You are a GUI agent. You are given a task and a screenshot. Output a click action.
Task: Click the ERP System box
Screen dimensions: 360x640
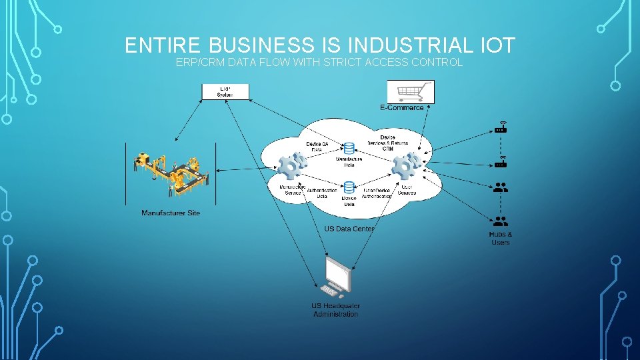(x=225, y=91)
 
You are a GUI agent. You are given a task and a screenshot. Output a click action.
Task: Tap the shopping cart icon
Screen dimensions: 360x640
(x=411, y=91)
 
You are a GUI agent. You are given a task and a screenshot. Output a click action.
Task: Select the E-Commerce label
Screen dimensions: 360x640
(x=401, y=108)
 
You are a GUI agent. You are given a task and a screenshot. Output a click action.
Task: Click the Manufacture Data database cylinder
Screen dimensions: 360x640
(x=349, y=148)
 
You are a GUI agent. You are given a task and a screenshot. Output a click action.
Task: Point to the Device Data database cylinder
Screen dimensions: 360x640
(x=349, y=189)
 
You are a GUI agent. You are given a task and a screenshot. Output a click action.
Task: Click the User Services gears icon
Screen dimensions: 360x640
(x=405, y=166)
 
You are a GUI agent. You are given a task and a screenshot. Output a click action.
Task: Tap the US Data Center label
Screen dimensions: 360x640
(x=349, y=229)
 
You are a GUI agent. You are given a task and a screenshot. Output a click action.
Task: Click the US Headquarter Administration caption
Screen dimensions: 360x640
(x=335, y=310)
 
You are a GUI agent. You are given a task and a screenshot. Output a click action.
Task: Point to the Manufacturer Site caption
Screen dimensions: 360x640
(x=171, y=213)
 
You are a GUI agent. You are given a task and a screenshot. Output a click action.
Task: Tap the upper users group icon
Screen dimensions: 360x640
(x=501, y=188)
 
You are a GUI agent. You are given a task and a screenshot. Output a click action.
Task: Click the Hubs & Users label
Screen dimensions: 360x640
(x=501, y=238)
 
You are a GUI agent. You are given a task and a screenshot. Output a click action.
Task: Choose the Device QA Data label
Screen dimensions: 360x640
(x=317, y=146)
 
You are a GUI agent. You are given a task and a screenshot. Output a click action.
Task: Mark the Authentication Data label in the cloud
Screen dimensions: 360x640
(x=321, y=193)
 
